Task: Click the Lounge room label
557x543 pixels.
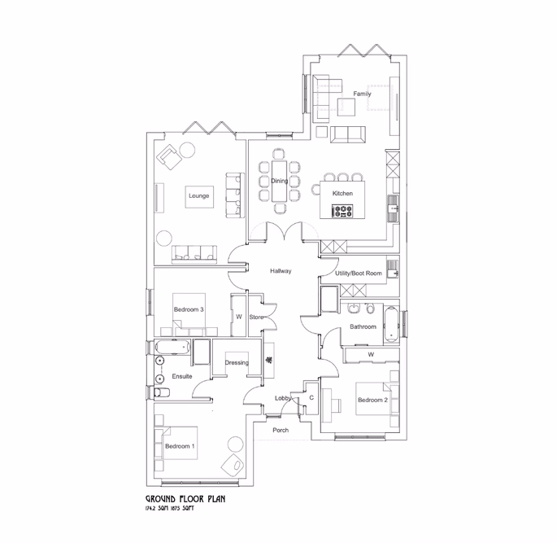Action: [x=198, y=196]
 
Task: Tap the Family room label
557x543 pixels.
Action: [x=362, y=94]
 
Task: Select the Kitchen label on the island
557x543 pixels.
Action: [x=342, y=194]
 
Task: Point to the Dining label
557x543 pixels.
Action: [x=279, y=182]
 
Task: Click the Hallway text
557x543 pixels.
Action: [x=281, y=271]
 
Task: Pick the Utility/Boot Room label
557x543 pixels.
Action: [x=358, y=274]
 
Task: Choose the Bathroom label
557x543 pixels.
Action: [x=363, y=326]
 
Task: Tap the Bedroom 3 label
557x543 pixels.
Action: [x=188, y=309]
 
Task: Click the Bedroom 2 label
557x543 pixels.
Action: [x=372, y=400]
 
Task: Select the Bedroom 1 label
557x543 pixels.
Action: [x=178, y=446]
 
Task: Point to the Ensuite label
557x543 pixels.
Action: [x=181, y=376]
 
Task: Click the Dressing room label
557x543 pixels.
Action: [x=237, y=362]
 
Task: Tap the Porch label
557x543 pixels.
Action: [x=281, y=430]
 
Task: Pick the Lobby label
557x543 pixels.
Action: [x=282, y=398]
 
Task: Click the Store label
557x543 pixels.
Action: [x=256, y=317]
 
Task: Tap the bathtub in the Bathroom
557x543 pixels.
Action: [x=391, y=323]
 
